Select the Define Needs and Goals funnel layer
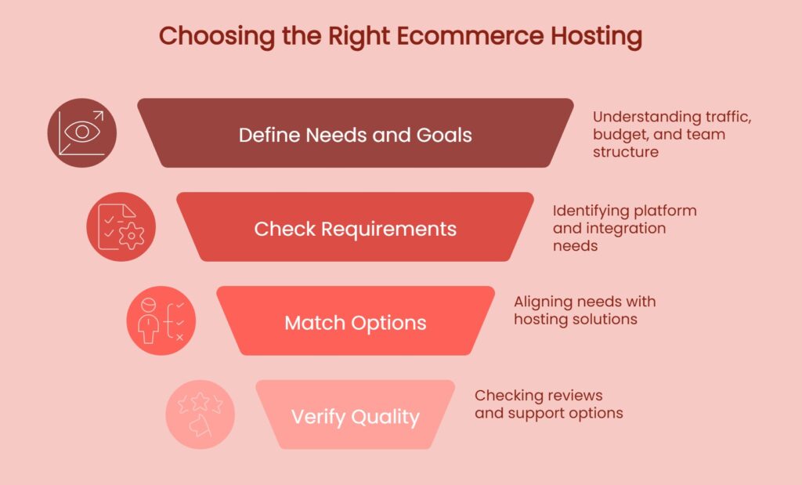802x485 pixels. tap(355, 133)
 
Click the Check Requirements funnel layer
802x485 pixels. tap(355, 228)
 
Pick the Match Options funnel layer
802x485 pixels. tap(355, 322)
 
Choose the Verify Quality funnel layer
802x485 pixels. tap(355, 416)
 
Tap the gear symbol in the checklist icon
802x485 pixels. tap(130, 235)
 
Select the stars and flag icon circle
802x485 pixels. tap(200, 414)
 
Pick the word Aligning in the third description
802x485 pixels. tap(541, 302)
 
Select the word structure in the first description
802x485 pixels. tap(625, 151)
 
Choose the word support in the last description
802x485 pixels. tap(534, 413)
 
